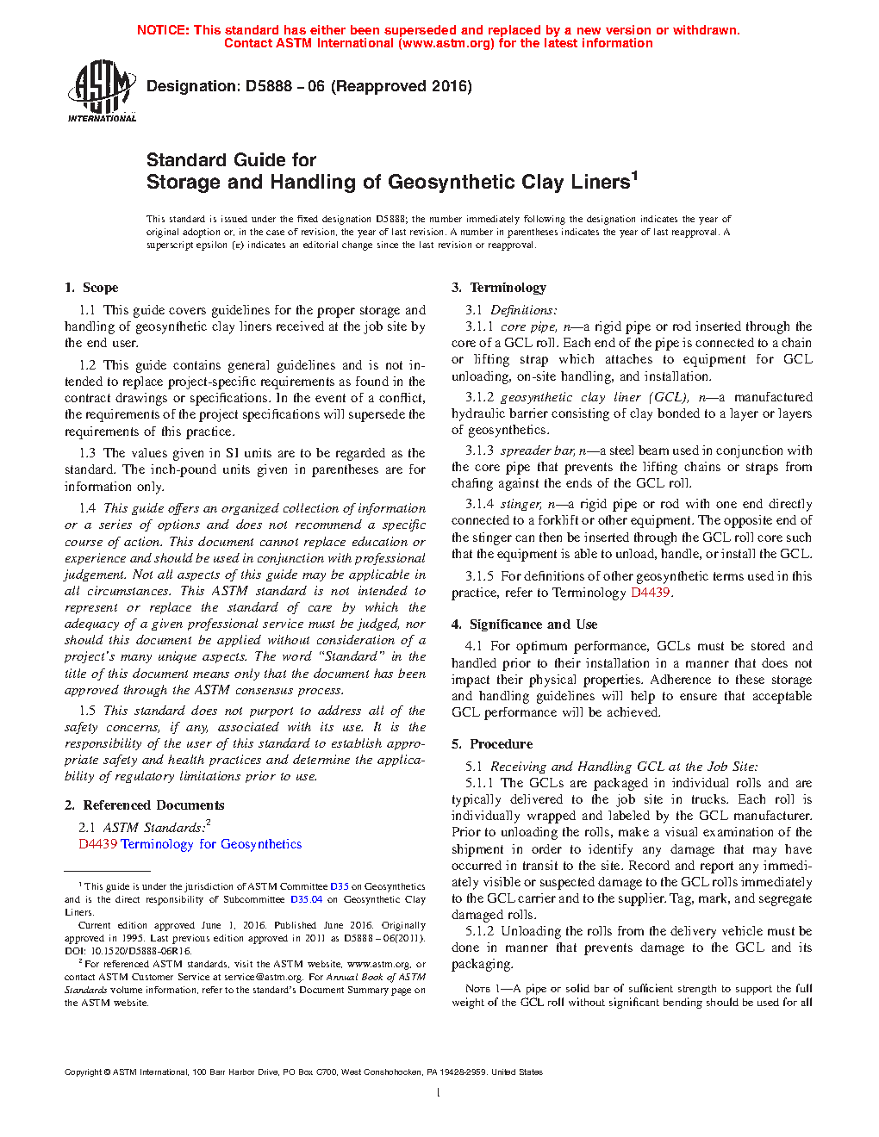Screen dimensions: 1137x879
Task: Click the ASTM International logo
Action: [102, 90]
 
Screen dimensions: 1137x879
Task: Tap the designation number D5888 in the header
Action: [268, 86]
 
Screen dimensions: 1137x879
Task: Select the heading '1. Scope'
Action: [91, 288]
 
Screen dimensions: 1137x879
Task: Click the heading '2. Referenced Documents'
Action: [145, 805]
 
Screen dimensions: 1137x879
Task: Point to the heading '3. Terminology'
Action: [499, 288]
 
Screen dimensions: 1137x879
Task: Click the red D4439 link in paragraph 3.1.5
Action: [650, 593]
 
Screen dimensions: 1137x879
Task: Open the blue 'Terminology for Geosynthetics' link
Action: [211, 844]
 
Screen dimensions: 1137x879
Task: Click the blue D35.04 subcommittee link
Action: [306, 899]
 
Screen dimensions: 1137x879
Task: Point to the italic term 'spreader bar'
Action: [537, 450]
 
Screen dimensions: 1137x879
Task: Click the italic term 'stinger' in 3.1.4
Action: [521, 504]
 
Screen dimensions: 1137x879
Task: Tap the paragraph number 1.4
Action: [87, 508]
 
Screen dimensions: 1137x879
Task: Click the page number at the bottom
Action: [438, 1093]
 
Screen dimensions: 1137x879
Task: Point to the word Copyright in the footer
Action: [83, 1072]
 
